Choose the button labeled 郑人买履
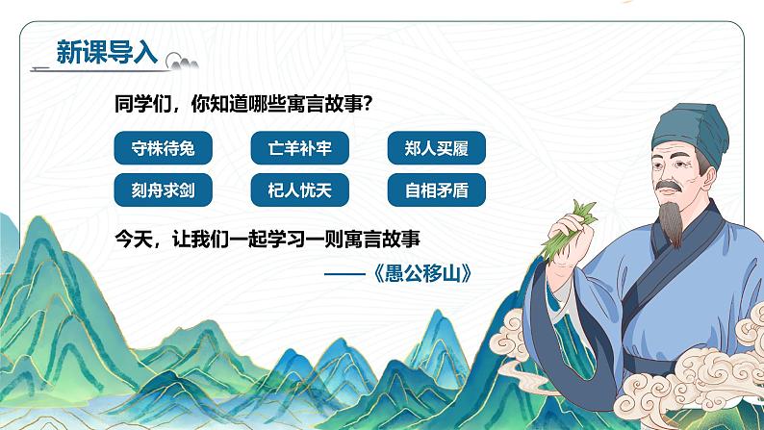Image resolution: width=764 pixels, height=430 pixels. click(x=438, y=149)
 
